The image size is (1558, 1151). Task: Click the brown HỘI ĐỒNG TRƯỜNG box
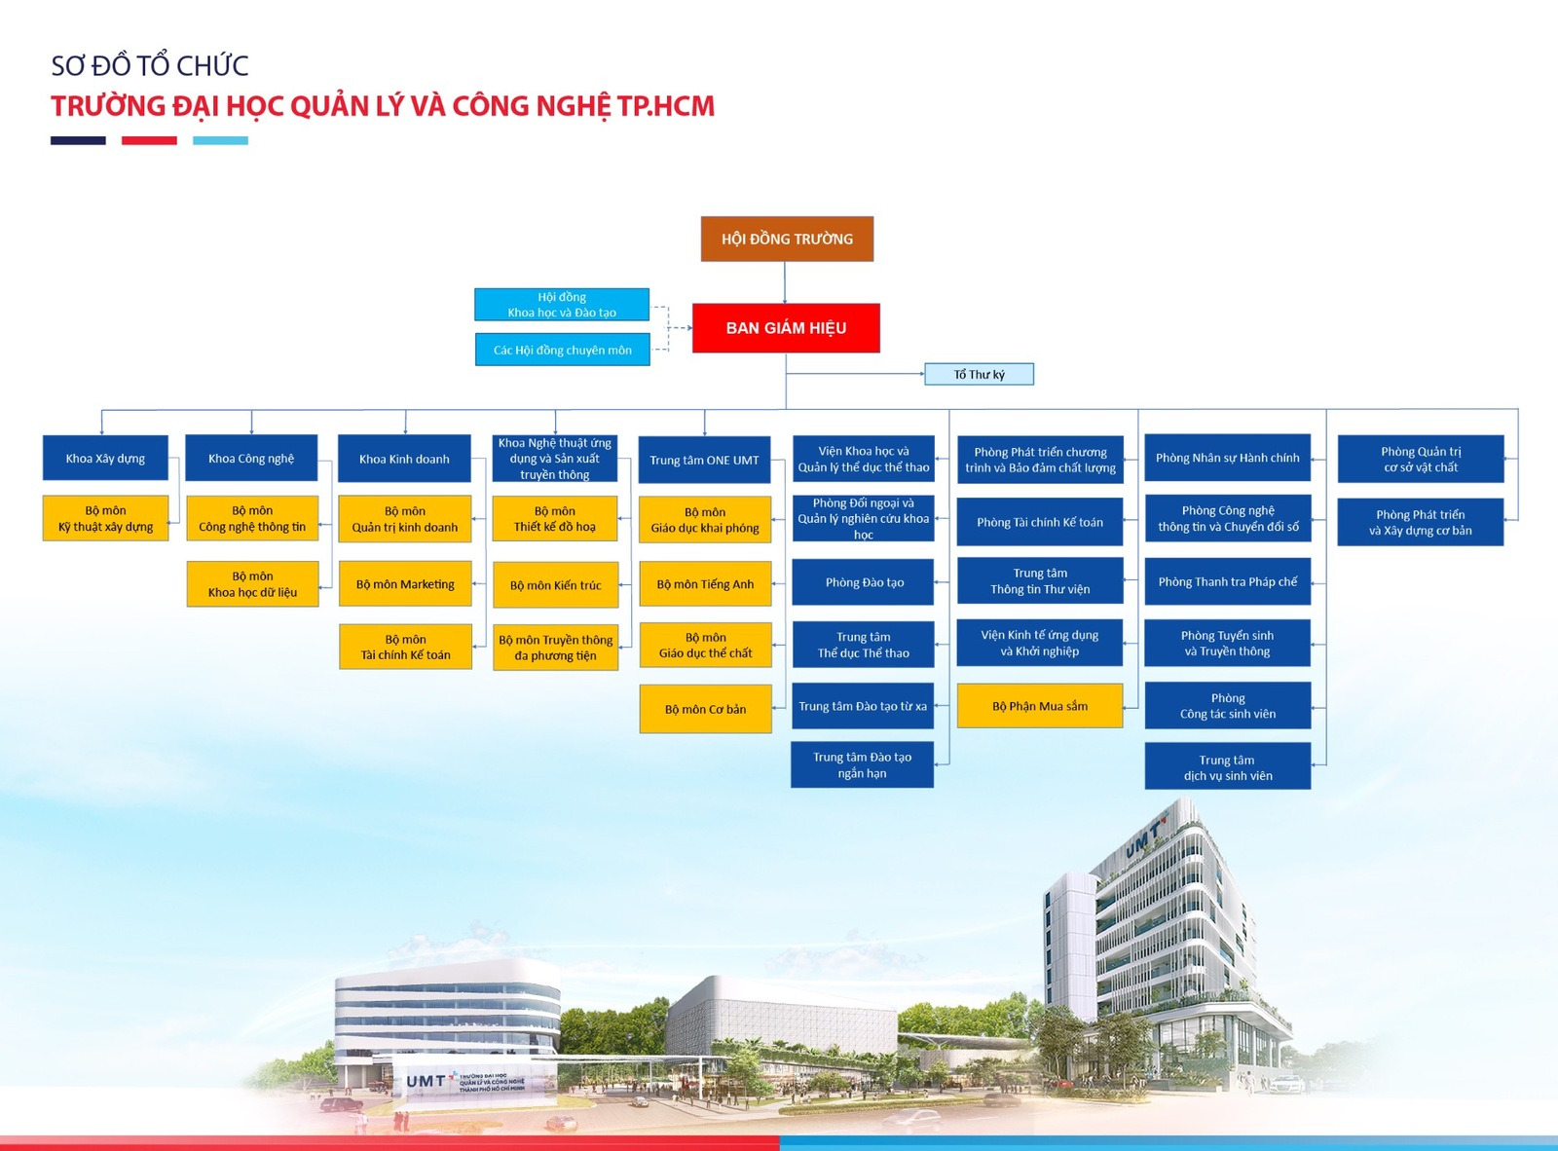pyautogui.click(x=787, y=239)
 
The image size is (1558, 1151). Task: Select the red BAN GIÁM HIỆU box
pyautogui.click(x=786, y=328)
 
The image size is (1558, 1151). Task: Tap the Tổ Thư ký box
pyautogui.click(x=980, y=375)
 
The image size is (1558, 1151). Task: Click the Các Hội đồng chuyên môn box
pyautogui.click(x=562, y=350)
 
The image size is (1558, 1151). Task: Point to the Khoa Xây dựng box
pyautogui.click(x=105, y=458)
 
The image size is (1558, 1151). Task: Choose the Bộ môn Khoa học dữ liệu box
pyautogui.click(x=253, y=584)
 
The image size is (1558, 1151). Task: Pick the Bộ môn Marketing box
pyautogui.click(x=405, y=584)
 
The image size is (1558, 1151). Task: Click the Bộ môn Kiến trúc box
pyautogui.click(x=556, y=585)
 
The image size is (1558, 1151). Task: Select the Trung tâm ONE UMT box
pyautogui.click(x=705, y=461)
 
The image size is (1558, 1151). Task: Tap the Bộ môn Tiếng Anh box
pyautogui.click(x=705, y=584)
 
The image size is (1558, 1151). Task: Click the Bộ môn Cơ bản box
pyautogui.click(x=705, y=710)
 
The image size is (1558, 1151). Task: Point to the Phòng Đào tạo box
pyautogui.click(x=864, y=582)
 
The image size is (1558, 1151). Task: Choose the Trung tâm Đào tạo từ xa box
pyautogui.click(x=863, y=706)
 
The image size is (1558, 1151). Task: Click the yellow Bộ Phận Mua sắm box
pyautogui.click(x=1040, y=706)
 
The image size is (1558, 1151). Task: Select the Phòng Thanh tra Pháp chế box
pyautogui.click(x=1228, y=581)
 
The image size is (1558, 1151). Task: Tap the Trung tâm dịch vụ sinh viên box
pyautogui.click(x=1228, y=766)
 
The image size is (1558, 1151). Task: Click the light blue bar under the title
pyautogui.click(x=221, y=140)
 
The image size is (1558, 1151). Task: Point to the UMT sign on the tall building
pyautogui.click(x=1143, y=837)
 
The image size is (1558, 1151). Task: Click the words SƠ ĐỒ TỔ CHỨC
pyautogui.click(x=150, y=66)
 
